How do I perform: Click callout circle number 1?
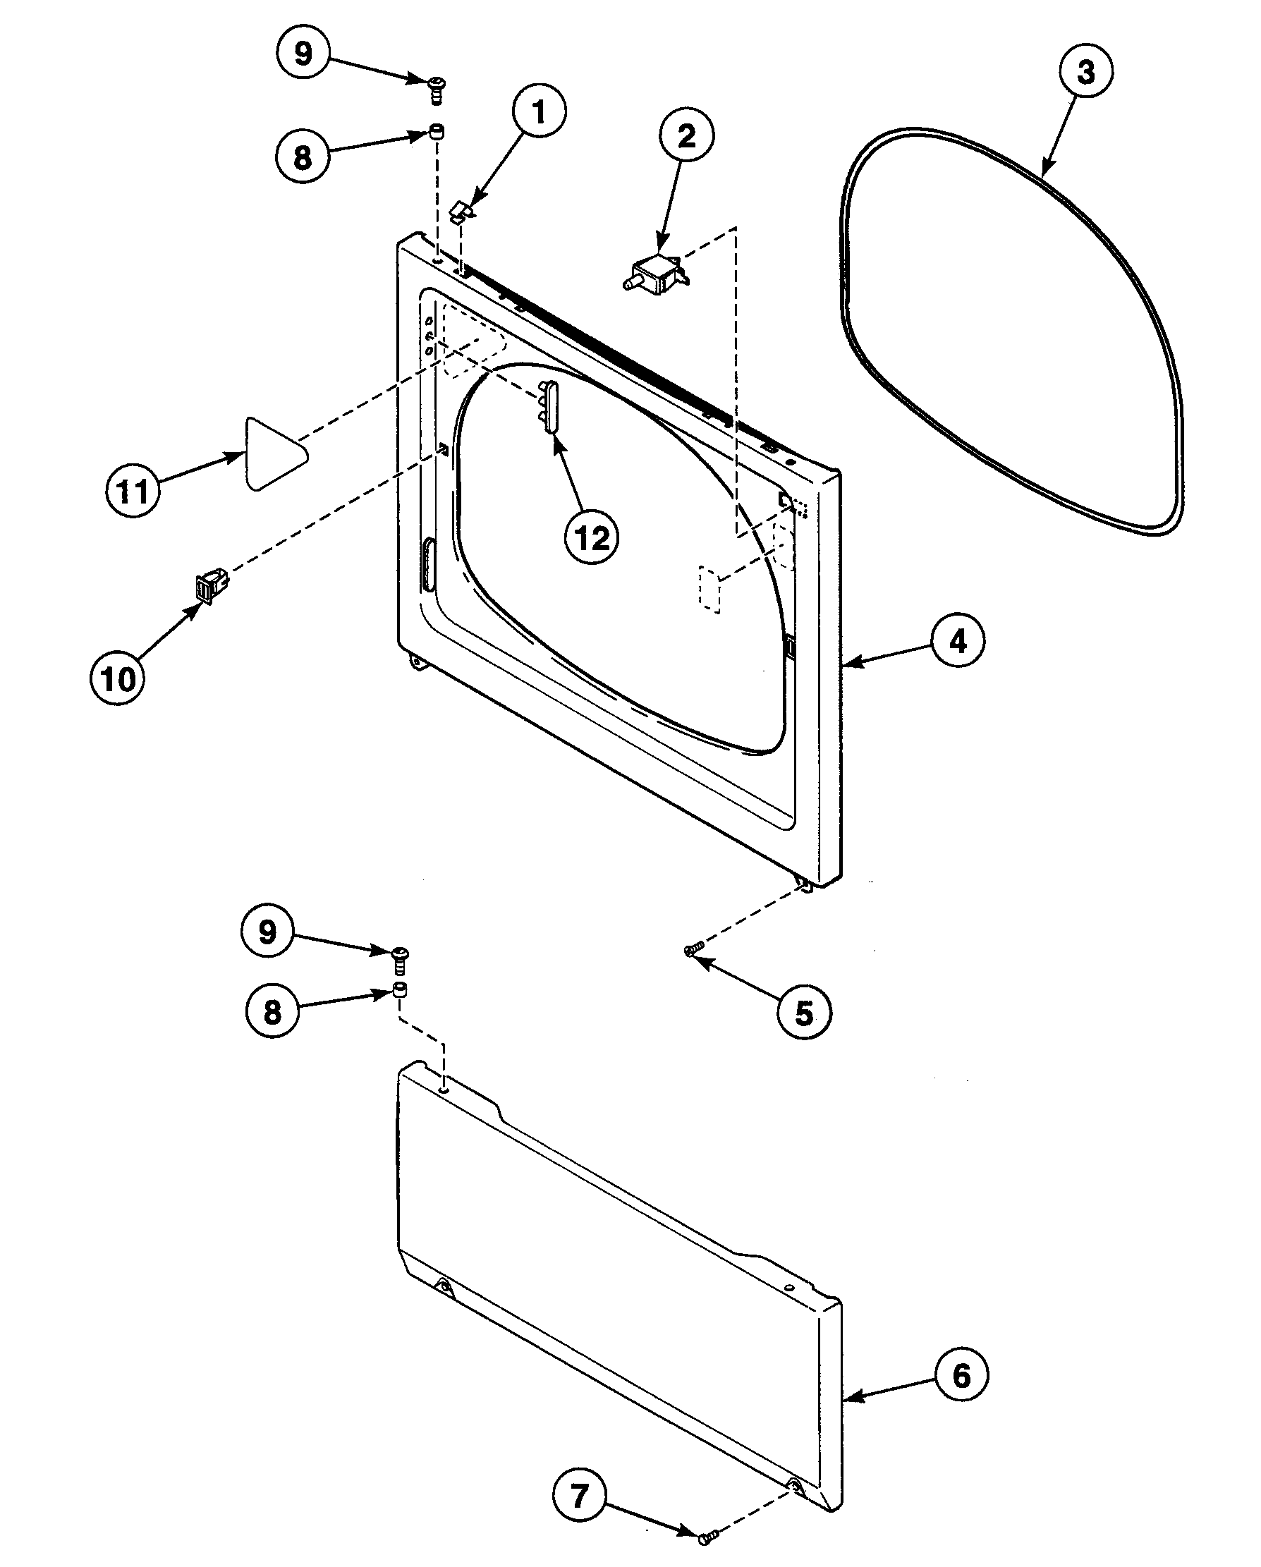tap(539, 112)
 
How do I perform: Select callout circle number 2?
tap(686, 136)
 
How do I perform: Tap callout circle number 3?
tap(1085, 71)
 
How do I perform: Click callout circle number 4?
tap(958, 641)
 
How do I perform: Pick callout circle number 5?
tap(803, 1013)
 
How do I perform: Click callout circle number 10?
tap(118, 679)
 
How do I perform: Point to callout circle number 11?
tap(133, 492)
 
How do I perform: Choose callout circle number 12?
tap(592, 539)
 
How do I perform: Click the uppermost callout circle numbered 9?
tap(303, 52)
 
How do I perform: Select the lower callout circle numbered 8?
tap(272, 1011)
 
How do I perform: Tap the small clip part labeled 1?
tap(462, 212)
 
